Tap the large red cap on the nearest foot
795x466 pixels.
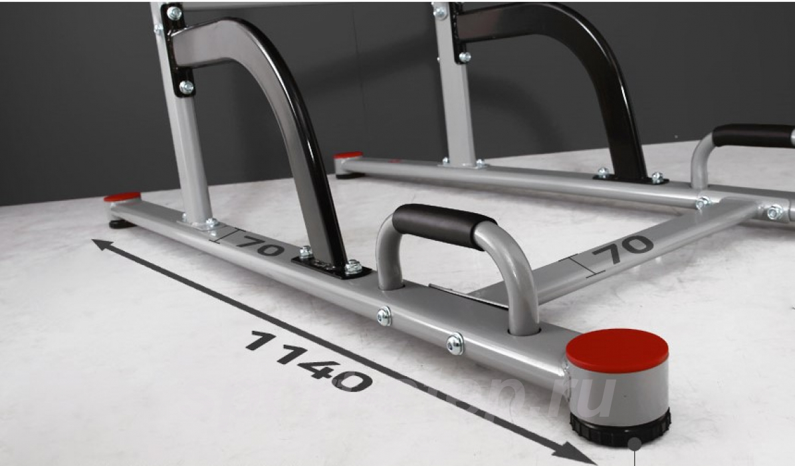click(x=617, y=349)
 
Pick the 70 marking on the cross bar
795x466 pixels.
click(x=622, y=250)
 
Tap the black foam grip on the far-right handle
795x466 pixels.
click(x=752, y=135)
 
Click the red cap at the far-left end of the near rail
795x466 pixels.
click(x=122, y=197)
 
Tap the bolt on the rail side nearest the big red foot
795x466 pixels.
click(x=455, y=344)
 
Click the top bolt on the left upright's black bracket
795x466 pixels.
click(x=174, y=13)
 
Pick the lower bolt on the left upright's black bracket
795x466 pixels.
click(x=187, y=87)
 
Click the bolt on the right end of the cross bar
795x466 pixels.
click(x=774, y=213)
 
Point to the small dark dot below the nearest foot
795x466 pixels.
click(x=635, y=443)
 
